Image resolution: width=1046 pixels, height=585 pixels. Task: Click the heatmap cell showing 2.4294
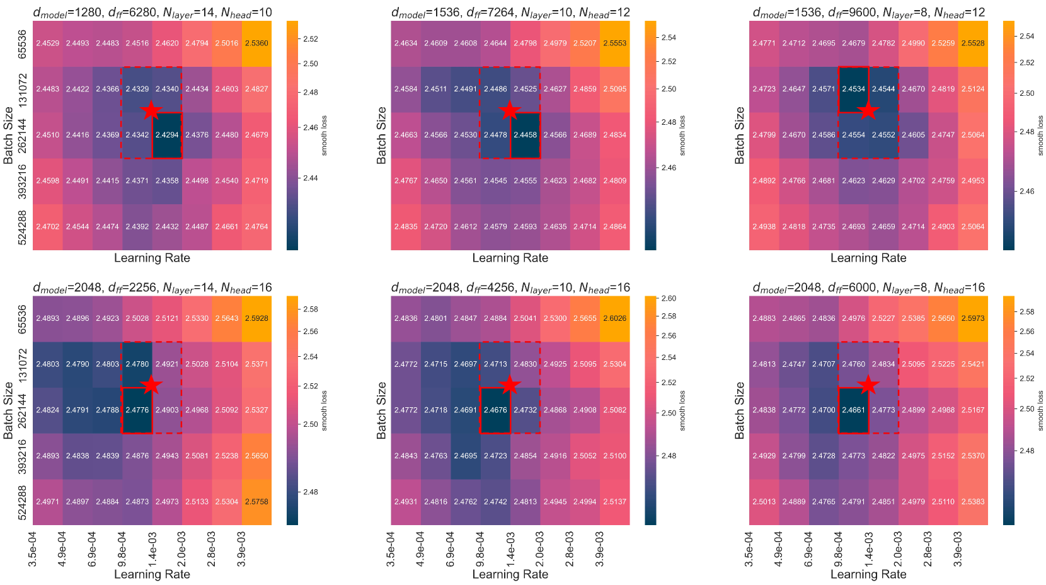(x=167, y=135)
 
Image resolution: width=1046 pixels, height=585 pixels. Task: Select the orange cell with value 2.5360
(x=256, y=43)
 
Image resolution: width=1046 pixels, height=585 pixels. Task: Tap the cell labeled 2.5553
(x=614, y=43)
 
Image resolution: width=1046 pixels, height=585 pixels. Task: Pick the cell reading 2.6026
(x=614, y=318)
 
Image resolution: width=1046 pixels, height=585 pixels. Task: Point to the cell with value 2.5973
(x=973, y=318)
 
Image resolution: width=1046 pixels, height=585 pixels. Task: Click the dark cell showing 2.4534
(x=853, y=90)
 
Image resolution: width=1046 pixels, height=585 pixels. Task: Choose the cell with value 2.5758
(x=256, y=502)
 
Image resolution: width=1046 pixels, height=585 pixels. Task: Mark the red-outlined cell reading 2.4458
(x=525, y=135)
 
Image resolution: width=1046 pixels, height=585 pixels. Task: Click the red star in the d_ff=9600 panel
(x=868, y=110)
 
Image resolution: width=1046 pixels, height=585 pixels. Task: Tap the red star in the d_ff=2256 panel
(x=152, y=385)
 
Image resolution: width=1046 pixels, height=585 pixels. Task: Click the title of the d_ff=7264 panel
(x=510, y=12)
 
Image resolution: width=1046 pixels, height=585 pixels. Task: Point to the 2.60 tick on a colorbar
(x=669, y=298)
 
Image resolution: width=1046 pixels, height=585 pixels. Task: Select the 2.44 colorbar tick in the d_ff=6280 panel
(x=311, y=178)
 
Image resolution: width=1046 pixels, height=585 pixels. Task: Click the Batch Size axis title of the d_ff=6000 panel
(x=740, y=410)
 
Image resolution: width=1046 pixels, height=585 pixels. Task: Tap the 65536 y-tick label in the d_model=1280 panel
(x=23, y=43)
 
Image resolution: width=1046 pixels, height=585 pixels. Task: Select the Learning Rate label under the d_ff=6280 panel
(x=152, y=258)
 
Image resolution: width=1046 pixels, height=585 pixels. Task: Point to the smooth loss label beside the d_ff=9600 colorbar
(x=1040, y=135)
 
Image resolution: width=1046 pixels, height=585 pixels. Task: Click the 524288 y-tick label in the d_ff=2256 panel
(x=23, y=502)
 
